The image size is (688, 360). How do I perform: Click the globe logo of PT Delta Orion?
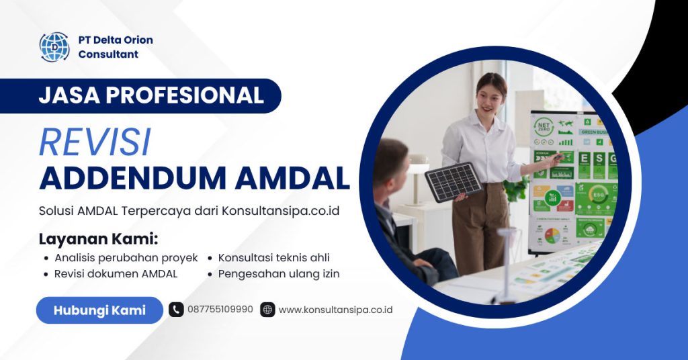(54, 47)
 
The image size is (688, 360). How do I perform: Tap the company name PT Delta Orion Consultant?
(115, 47)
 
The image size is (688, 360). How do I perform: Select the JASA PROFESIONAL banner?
(150, 95)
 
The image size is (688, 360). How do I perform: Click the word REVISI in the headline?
(95, 142)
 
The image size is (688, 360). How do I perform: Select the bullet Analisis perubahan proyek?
(126, 258)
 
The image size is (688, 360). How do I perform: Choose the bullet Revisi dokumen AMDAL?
(116, 274)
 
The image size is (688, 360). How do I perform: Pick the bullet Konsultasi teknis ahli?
(273, 258)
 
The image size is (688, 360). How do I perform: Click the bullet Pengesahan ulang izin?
(279, 274)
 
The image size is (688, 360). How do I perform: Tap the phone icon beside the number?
(176, 310)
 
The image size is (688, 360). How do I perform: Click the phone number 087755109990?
(220, 310)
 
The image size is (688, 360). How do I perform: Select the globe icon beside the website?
(267, 310)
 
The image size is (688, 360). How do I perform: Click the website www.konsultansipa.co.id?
(335, 310)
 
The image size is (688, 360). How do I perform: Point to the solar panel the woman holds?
(453, 181)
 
